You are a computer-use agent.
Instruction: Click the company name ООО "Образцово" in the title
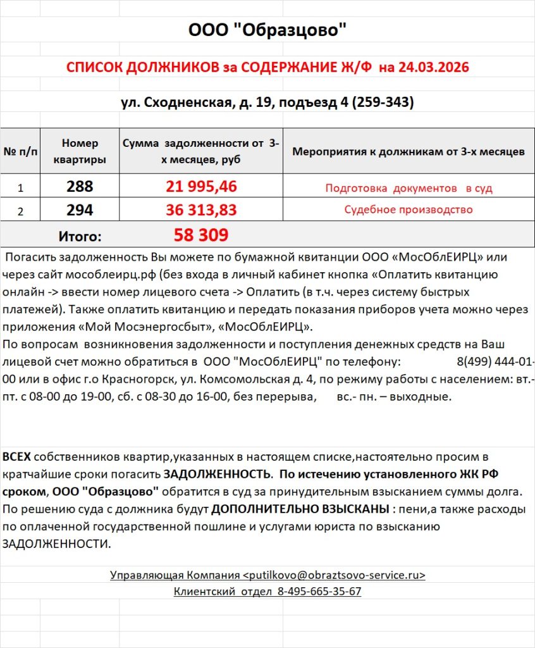click(x=267, y=30)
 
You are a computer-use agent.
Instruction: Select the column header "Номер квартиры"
click(x=80, y=152)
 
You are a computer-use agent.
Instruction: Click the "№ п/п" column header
click(x=21, y=152)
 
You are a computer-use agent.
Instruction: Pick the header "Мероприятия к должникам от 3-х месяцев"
click(x=408, y=152)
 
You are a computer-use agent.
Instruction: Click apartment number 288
click(x=80, y=187)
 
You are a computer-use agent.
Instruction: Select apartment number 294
click(x=80, y=210)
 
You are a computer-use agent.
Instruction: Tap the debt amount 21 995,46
click(x=201, y=187)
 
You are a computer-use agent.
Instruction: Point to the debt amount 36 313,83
click(x=201, y=210)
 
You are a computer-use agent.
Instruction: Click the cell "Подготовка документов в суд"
click(x=409, y=188)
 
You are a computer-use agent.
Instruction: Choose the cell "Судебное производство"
click(x=409, y=210)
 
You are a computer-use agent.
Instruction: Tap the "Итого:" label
click(x=80, y=237)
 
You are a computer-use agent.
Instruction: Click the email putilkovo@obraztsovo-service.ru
click(x=334, y=575)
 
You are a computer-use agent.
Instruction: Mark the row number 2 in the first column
click(x=20, y=211)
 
